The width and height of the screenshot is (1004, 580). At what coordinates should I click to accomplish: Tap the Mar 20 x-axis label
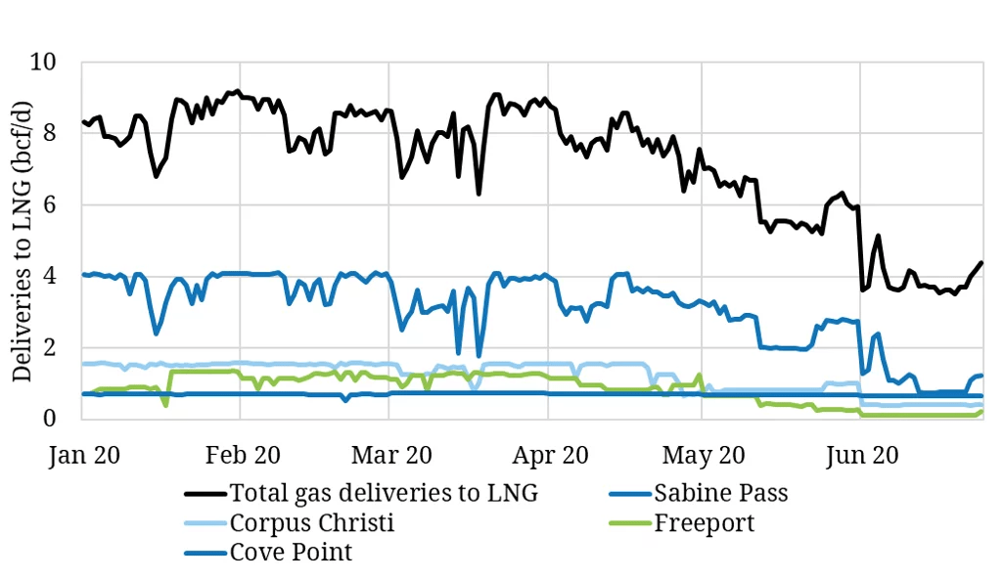click(389, 455)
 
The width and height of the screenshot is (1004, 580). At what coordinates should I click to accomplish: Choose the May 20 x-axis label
click(702, 455)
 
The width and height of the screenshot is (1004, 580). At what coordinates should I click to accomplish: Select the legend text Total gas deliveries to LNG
click(383, 493)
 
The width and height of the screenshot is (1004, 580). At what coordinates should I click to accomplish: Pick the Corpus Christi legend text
click(311, 523)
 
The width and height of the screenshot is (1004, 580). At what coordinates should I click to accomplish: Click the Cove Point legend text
click(291, 553)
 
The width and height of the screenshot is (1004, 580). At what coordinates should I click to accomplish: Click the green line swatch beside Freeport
click(633, 524)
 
